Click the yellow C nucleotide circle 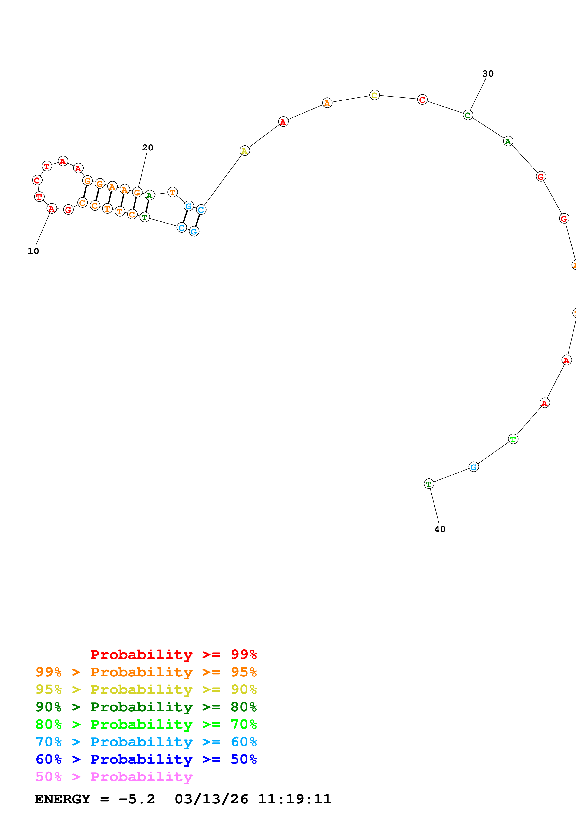pyautogui.click(x=374, y=95)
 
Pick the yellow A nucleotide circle pyautogui.click(x=244, y=151)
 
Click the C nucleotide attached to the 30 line pyautogui.click(x=468, y=115)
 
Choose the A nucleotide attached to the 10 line pyautogui.click(x=52, y=209)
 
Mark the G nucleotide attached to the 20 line pyautogui.click(x=137, y=193)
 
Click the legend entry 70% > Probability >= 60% pyautogui.click(x=146, y=742)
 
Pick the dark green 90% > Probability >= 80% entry pyautogui.click(x=146, y=707)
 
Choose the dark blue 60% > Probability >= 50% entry pyautogui.click(x=146, y=759)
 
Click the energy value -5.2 pyautogui.click(x=137, y=799)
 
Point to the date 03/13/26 pyautogui.click(x=211, y=799)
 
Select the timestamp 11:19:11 pyautogui.click(x=295, y=799)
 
